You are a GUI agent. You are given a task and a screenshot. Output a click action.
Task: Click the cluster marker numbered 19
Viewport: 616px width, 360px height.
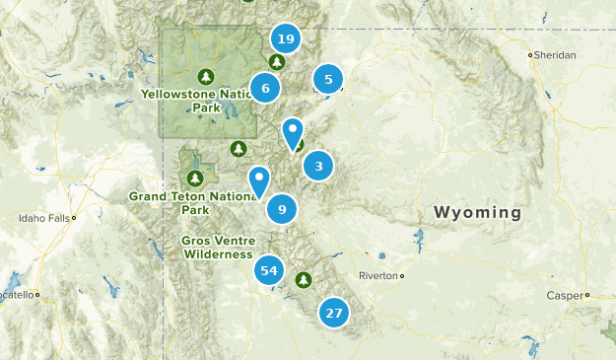click(285, 39)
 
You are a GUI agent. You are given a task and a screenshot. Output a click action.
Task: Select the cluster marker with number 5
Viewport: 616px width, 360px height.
click(328, 79)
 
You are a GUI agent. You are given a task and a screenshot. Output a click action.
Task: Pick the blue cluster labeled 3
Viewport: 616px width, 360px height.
click(318, 167)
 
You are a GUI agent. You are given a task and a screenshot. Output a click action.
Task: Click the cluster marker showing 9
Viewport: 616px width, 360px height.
click(282, 209)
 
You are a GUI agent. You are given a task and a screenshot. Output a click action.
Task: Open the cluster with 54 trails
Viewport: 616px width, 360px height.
click(269, 270)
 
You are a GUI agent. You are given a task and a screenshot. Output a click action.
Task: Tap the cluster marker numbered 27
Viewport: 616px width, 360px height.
click(334, 314)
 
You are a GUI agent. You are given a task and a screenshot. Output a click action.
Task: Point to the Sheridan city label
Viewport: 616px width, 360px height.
click(556, 55)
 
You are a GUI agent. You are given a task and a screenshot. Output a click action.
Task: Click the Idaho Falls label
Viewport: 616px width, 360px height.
click(42, 217)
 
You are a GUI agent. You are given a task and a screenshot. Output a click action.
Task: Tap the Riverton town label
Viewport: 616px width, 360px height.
click(377, 275)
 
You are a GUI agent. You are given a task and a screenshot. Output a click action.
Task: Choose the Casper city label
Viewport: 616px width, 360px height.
click(564, 295)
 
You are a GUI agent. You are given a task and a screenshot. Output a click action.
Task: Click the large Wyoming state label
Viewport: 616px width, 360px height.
click(477, 213)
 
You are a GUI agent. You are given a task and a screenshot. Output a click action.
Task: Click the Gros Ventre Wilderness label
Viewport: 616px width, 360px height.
click(217, 247)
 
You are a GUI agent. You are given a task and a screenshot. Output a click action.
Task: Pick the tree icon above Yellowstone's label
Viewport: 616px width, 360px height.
click(206, 76)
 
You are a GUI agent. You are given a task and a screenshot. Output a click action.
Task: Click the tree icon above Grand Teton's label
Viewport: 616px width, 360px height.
click(195, 179)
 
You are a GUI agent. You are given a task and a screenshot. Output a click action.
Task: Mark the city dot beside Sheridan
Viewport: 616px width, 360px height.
click(530, 55)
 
